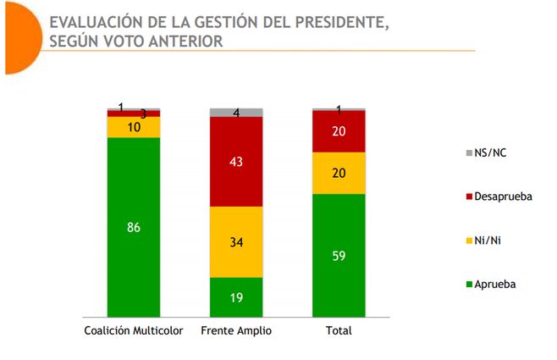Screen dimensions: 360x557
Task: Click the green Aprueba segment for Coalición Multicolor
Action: click(134, 254)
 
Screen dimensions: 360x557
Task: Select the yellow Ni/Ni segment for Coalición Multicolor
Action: click(134, 127)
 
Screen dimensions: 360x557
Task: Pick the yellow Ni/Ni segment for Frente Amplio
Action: click(236, 242)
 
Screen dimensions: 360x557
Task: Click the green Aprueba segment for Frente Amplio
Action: click(236, 296)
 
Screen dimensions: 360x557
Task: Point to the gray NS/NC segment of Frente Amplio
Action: click(236, 113)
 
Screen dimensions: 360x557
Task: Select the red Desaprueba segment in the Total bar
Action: click(339, 131)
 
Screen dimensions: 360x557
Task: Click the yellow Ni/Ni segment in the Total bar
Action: click(339, 173)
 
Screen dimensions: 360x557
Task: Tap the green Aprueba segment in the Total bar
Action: click(339, 254)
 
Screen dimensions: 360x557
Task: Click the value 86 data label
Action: click(134, 227)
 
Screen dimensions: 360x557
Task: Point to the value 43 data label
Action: click(236, 162)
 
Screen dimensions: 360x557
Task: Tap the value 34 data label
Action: click(236, 242)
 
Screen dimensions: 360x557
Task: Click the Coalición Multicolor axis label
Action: click(134, 330)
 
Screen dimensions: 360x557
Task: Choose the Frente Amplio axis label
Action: click(236, 330)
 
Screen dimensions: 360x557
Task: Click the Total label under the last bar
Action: click(339, 330)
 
